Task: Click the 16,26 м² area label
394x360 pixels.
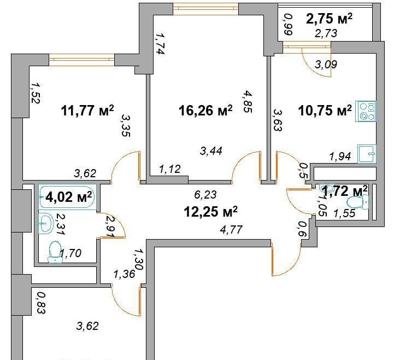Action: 205,111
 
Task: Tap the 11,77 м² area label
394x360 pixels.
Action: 87,111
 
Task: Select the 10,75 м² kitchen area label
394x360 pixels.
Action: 325,111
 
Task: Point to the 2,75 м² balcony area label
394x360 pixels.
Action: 329,19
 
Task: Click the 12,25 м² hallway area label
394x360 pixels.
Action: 210,212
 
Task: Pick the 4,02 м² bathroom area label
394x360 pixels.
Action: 68,197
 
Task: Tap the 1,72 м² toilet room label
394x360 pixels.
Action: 345,191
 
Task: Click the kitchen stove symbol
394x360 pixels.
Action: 366,111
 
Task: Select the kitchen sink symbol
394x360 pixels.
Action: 367,154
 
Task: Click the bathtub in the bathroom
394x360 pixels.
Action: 68,197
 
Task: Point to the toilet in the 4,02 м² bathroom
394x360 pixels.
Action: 55,252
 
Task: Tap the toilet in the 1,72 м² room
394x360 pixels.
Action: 358,202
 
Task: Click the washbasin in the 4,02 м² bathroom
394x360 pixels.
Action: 46,223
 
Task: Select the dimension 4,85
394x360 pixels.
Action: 247,102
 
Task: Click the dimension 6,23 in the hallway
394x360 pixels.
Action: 205,194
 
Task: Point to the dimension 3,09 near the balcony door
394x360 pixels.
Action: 326,65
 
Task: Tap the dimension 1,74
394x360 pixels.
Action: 160,44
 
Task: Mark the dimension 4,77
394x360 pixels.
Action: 231,229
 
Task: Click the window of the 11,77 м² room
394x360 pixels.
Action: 81,60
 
